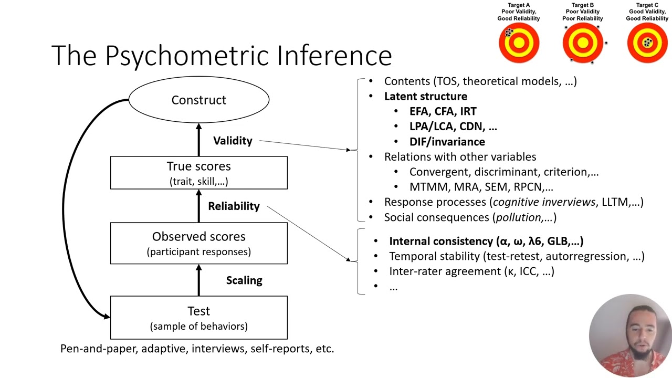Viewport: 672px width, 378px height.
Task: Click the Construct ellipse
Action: (x=198, y=100)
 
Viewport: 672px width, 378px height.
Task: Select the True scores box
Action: (x=198, y=173)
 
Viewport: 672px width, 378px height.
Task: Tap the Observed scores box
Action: (x=198, y=243)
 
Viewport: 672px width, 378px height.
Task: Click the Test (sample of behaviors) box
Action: (x=198, y=318)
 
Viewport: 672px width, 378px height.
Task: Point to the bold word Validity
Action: (x=233, y=141)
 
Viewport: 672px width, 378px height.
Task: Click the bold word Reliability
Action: (x=234, y=206)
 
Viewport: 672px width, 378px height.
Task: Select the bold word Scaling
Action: (x=244, y=280)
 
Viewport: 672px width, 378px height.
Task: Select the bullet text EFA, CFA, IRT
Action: (x=443, y=111)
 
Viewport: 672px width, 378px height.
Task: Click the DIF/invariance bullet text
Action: (x=447, y=142)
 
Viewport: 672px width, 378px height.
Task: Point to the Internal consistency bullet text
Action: (x=486, y=241)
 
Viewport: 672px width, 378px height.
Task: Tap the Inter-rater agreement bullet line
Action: (x=471, y=271)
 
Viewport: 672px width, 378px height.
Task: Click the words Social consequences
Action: (x=437, y=217)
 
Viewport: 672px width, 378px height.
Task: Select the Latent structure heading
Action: (x=425, y=96)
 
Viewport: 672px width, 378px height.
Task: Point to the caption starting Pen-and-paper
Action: (x=197, y=349)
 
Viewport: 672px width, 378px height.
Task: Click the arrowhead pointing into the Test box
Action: (x=107, y=316)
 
